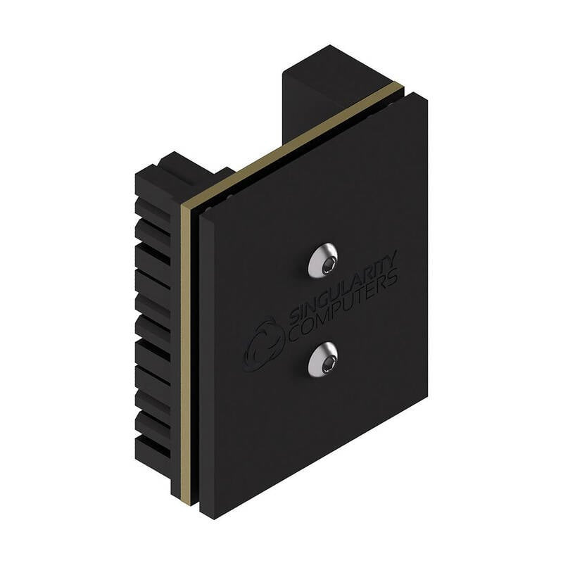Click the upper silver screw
pos(322,260)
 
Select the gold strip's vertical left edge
pos(185,352)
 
